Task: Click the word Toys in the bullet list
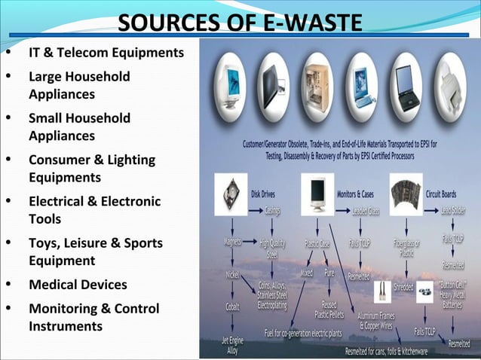pyautogui.click(x=44, y=243)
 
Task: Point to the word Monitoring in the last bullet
pyautogui.click(x=63, y=309)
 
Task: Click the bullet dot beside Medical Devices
pyautogui.click(x=8, y=285)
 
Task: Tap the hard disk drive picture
pyautogui.click(x=231, y=196)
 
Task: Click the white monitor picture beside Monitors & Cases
pyautogui.click(x=317, y=194)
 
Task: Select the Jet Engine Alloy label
pyautogui.click(x=231, y=346)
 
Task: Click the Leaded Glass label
pyautogui.click(x=366, y=212)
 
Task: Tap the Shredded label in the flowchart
pyautogui.click(x=403, y=286)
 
